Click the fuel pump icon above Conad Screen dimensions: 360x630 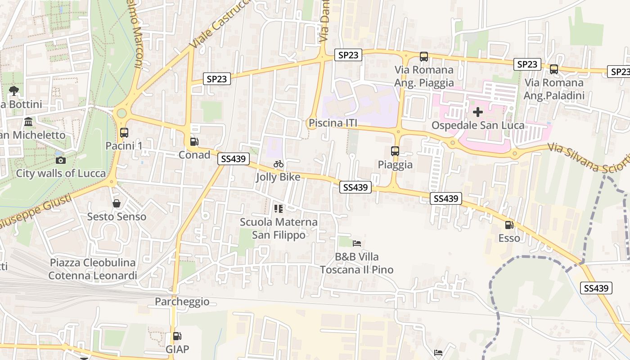194,142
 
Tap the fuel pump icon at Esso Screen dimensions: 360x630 509,225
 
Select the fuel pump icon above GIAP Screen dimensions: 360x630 177,336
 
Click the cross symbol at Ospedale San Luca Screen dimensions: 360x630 478,112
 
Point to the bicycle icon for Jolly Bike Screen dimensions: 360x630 279,164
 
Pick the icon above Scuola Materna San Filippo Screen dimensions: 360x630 279,209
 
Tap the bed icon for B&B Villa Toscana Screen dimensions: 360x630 357,243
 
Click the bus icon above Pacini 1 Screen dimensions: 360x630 124,133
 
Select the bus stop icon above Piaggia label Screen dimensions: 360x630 395,151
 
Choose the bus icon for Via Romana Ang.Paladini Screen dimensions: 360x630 554,69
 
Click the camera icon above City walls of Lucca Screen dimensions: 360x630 60,160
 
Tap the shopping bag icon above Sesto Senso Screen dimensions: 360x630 117,203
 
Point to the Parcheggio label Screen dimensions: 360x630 182,301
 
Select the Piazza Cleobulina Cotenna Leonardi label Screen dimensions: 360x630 93,269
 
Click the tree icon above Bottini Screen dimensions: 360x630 14,91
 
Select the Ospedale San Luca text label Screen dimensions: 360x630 478,125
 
